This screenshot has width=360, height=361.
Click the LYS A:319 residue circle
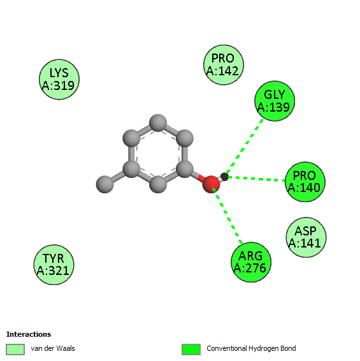pyautogui.click(x=59, y=80)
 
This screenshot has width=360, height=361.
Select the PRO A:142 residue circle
pyautogui.click(x=224, y=64)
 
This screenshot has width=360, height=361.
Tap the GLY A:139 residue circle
pyautogui.click(x=275, y=101)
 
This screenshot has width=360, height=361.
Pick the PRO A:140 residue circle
pyautogui.click(x=305, y=182)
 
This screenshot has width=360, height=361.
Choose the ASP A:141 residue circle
pyautogui.click(x=306, y=237)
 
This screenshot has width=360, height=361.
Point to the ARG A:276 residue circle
pyautogui.click(x=251, y=262)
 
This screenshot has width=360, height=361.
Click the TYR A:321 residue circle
pyautogui.click(x=54, y=265)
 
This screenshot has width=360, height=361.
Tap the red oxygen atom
pyautogui.click(x=211, y=184)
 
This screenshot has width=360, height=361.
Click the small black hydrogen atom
pyautogui.click(x=224, y=177)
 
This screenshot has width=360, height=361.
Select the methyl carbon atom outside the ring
pyautogui.click(x=105, y=184)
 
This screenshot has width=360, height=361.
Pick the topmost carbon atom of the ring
pyautogui.click(x=158, y=123)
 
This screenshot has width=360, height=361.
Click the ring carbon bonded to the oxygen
pyautogui.click(x=185, y=169)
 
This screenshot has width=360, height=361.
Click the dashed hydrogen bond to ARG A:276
pyautogui.click(x=227, y=216)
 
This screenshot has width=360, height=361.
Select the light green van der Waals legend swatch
pyautogui.click(x=15, y=350)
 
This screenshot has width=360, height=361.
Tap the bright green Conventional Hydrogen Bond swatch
pyautogui.click(x=191, y=350)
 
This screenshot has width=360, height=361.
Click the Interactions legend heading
pyautogui.click(x=29, y=334)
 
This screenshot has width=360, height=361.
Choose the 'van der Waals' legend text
pyautogui.click(x=53, y=348)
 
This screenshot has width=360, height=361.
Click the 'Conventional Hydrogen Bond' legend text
pyautogui.click(x=251, y=348)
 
